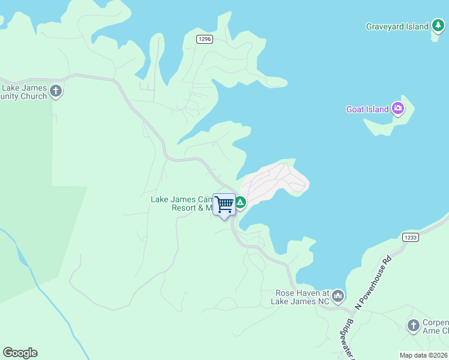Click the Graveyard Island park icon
click(x=438, y=26)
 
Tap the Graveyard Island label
click(x=397, y=26)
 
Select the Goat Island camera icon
click(x=397, y=109)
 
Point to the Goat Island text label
click(x=367, y=110)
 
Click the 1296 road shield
click(x=205, y=39)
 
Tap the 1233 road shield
click(x=411, y=237)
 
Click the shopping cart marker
click(x=224, y=205)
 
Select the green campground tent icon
click(x=240, y=203)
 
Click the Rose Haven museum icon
click(x=338, y=296)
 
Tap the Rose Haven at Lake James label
click(x=303, y=297)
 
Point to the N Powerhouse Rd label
click(x=373, y=283)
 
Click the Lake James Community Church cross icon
click(x=56, y=92)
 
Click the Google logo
click(x=20, y=353)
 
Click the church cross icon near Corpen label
click(x=413, y=326)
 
